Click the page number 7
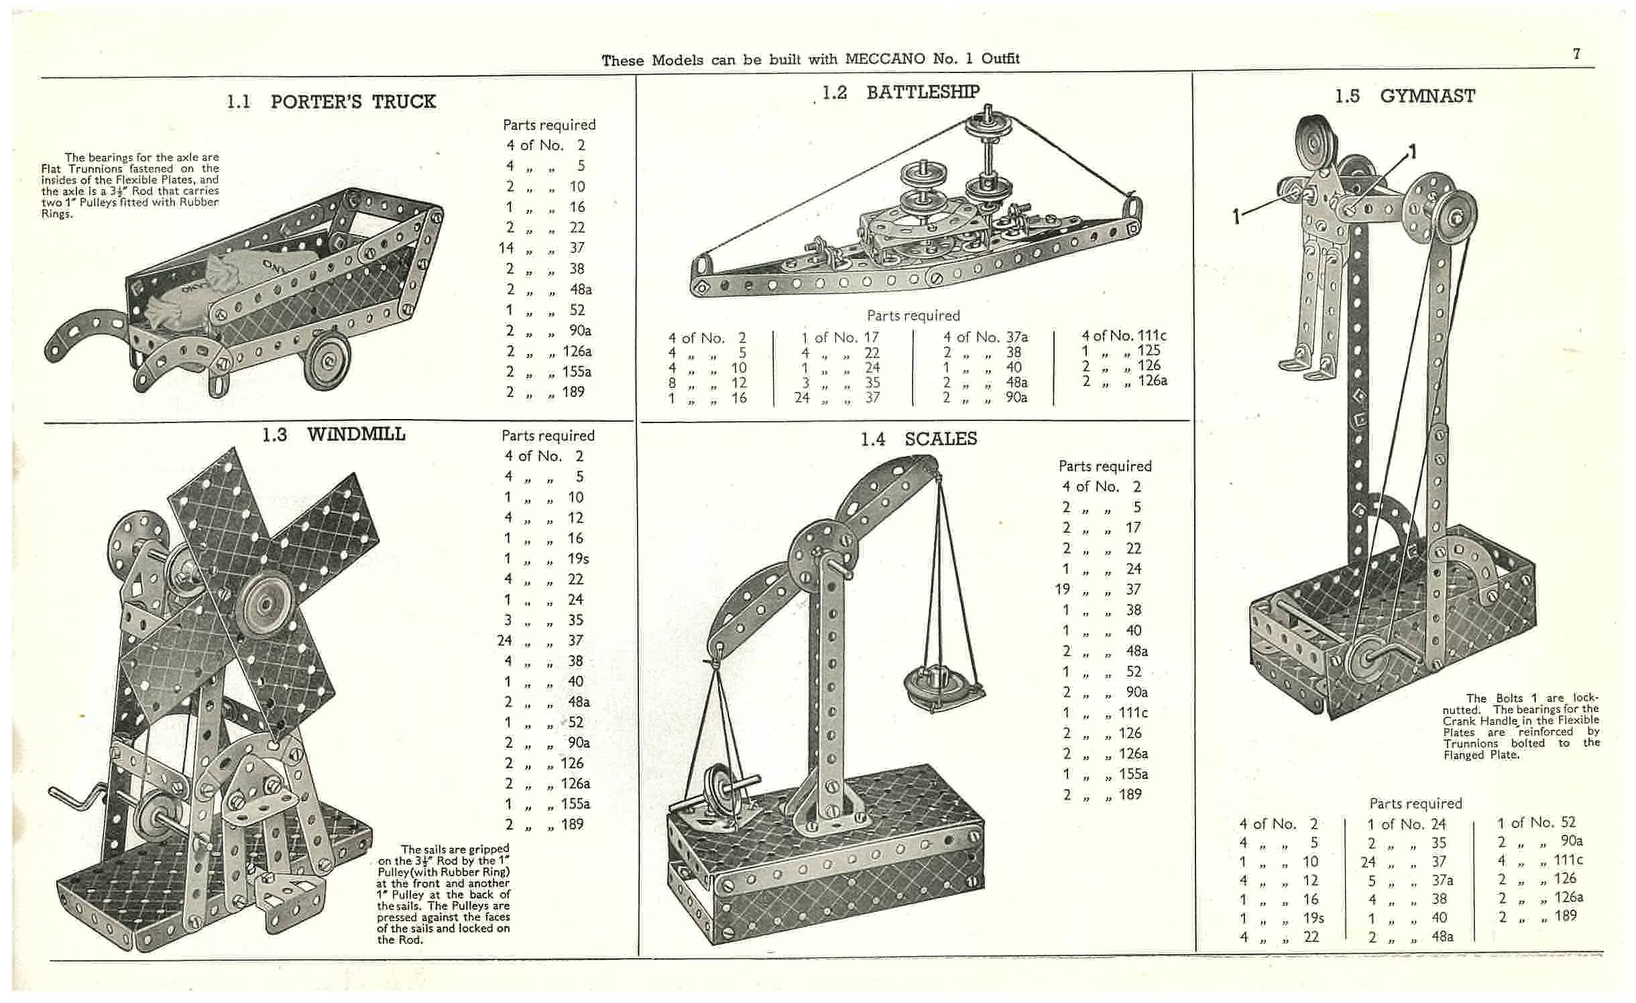[x=1576, y=54]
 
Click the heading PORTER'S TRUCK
[x=353, y=102]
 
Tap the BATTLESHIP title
[x=923, y=92]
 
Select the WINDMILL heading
[x=356, y=434]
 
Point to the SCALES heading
[x=941, y=439]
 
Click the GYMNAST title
[x=1427, y=97]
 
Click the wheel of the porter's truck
[x=329, y=362]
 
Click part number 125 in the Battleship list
[x=1149, y=350]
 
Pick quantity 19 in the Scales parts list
[x=1063, y=589]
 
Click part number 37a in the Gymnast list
[x=1442, y=880]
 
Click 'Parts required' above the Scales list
[x=1105, y=466]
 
